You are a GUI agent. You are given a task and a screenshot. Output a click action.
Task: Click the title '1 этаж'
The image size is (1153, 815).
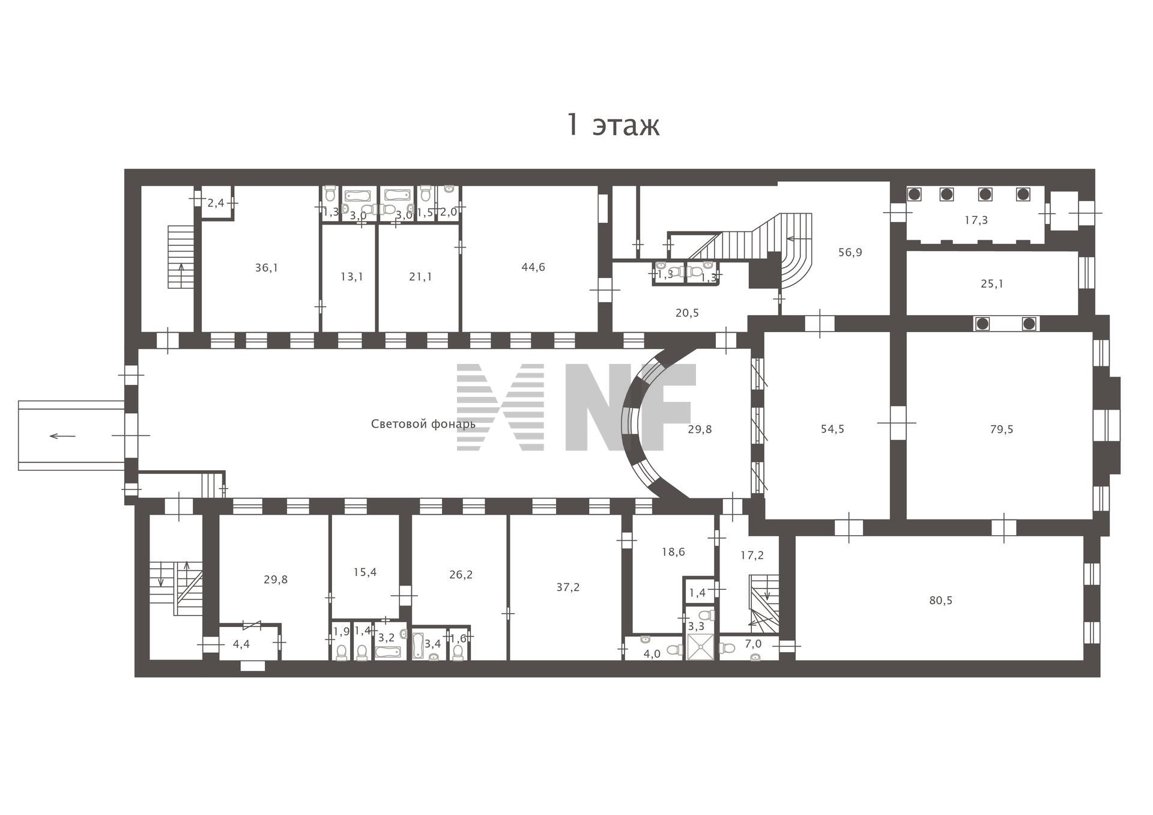(x=613, y=125)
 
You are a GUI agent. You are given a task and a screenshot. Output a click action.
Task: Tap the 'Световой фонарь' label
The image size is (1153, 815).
(x=423, y=424)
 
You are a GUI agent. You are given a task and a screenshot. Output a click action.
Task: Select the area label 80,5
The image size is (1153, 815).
(x=941, y=601)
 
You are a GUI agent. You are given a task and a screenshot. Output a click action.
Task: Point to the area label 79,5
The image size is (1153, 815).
(x=1002, y=429)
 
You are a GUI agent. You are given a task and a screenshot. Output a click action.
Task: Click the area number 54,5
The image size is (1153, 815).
(x=832, y=429)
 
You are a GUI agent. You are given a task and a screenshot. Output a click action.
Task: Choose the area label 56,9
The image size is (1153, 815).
(x=850, y=252)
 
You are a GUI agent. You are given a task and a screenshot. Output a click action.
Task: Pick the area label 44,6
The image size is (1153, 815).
(x=533, y=267)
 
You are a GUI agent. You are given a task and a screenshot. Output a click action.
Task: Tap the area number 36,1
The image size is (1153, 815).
(x=267, y=268)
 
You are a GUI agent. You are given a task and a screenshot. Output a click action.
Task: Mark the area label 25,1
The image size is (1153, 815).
(x=992, y=283)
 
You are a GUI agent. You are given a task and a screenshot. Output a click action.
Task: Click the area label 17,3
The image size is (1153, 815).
(x=976, y=220)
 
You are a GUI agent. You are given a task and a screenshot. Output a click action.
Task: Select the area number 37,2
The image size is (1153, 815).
(x=568, y=587)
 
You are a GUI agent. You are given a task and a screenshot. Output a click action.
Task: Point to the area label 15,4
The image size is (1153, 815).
(x=365, y=572)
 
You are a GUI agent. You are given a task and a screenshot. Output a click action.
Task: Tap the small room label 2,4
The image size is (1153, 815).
(x=216, y=203)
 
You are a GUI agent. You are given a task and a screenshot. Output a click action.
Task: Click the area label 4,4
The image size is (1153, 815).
(x=241, y=644)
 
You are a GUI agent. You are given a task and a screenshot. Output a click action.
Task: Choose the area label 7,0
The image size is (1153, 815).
(x=753, y=644)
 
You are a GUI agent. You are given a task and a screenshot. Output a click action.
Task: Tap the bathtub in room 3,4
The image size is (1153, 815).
(x=419, y=643)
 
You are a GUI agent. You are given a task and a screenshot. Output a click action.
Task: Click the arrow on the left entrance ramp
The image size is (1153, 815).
(x=62, y=436)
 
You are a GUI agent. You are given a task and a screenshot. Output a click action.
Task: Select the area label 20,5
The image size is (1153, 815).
(x=687, y=313)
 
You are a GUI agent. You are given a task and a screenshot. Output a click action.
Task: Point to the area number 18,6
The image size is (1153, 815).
(x=673, y=552)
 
